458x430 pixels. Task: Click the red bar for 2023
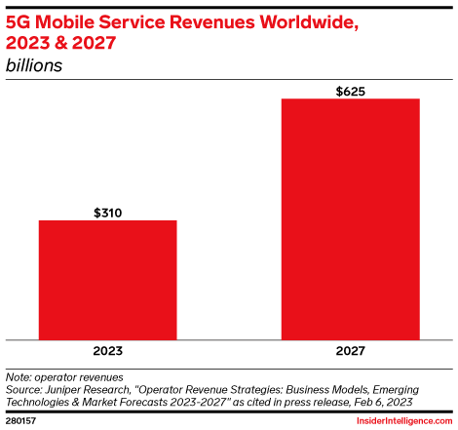107,278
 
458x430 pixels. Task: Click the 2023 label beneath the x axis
107,349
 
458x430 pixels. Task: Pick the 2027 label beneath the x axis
350,349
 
